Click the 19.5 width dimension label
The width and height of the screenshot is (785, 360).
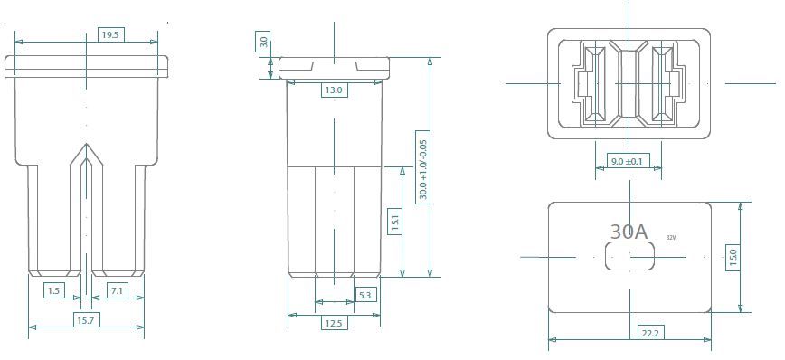[110, 35]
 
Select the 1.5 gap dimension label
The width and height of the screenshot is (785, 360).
[54, 291]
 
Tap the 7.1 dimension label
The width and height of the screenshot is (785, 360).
[118, 291]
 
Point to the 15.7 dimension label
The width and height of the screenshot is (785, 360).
[85, 321]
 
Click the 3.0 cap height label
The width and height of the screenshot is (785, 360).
[264, 41]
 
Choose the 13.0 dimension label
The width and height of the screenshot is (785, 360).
[334, 90]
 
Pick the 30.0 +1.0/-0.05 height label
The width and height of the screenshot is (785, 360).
[422, 166]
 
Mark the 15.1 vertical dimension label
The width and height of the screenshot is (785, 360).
[394, 223]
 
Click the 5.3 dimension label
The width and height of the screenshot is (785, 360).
[365, 296]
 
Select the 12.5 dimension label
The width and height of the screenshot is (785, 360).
[334, 324]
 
